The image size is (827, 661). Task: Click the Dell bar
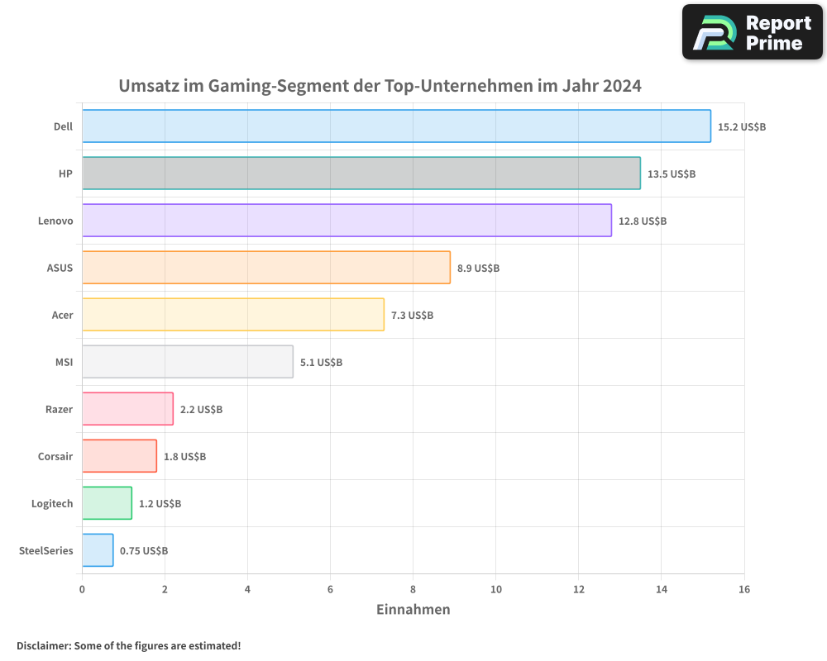coord(396,126)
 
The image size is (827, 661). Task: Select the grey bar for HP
coord(361,174)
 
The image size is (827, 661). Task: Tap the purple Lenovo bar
coord(347,221)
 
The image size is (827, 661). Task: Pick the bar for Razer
coord(127,409)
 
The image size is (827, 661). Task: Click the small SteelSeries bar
coord(98,550)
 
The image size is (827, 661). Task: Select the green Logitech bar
coord(107,503)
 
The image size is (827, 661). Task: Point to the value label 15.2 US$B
coord(742,127)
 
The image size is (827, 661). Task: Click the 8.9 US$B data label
coord(478,269)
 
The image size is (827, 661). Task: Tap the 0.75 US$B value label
coord(144,551)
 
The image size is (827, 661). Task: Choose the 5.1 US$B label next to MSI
coord(321,363)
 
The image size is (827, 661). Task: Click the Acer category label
coord(62,315)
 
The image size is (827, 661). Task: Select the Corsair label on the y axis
coord(55,456)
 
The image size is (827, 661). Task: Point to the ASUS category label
coord(60,268)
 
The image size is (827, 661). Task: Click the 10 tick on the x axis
coord(495,589)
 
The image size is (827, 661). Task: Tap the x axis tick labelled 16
coord(743,589)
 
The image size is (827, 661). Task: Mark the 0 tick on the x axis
coord(82,589)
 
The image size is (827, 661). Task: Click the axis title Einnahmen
coord(413,610)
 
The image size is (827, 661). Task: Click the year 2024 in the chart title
coord(622,86)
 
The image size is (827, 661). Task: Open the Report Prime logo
coord(752,32)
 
